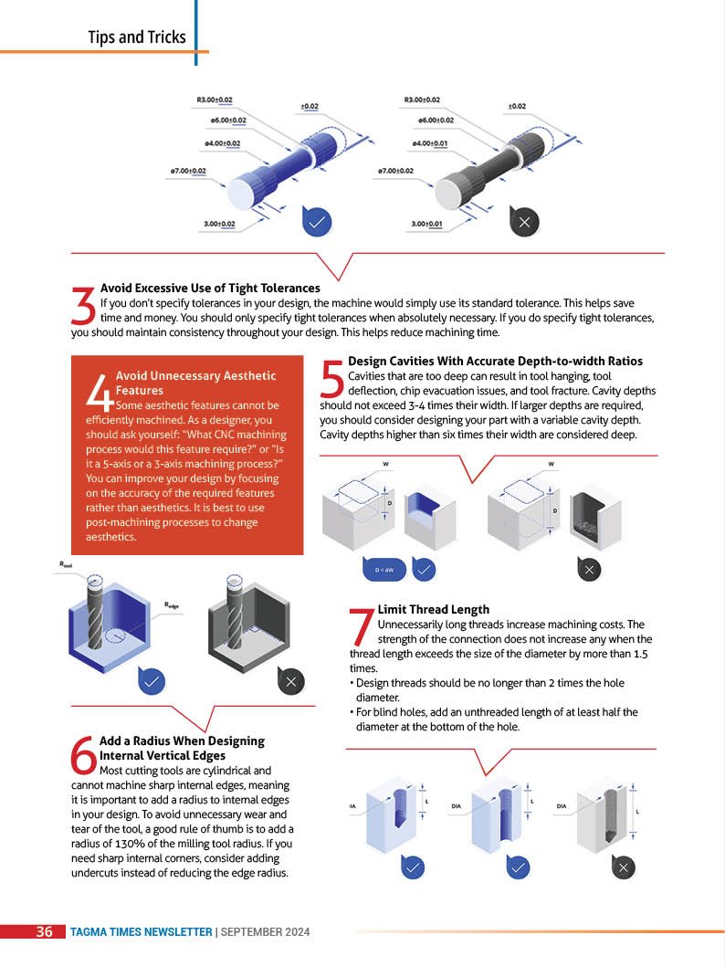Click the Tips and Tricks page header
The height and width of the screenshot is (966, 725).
tap(137, 37)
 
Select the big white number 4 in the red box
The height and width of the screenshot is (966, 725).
tap(100, 392)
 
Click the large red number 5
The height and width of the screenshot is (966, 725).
tap(332, 378)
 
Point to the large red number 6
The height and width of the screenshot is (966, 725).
tap(84, 754)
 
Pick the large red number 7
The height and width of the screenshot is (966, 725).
tap(362, 626)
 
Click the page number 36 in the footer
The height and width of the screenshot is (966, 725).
tap(45, 931)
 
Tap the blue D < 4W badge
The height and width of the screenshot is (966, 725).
tap(384, 570)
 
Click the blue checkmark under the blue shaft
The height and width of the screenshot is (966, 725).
tap(317, 222)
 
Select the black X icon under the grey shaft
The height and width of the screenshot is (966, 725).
tap(524, 222)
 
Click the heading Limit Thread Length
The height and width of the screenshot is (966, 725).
tap(434, 609)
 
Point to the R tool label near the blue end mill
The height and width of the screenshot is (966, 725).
tap(66, 564)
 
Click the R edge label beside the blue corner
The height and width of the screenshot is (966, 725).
tap(172, 605)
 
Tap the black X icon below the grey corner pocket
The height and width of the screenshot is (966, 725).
tap(291, 681)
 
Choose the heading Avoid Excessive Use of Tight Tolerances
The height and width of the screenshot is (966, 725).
tap(210, 288)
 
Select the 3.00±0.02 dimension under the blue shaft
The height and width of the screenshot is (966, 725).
tap(219, 224)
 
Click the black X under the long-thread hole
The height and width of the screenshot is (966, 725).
tap(624, 867)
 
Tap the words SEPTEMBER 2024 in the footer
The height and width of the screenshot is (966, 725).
tap(265, 932)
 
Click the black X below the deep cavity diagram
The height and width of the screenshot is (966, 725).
tap(589, 569)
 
